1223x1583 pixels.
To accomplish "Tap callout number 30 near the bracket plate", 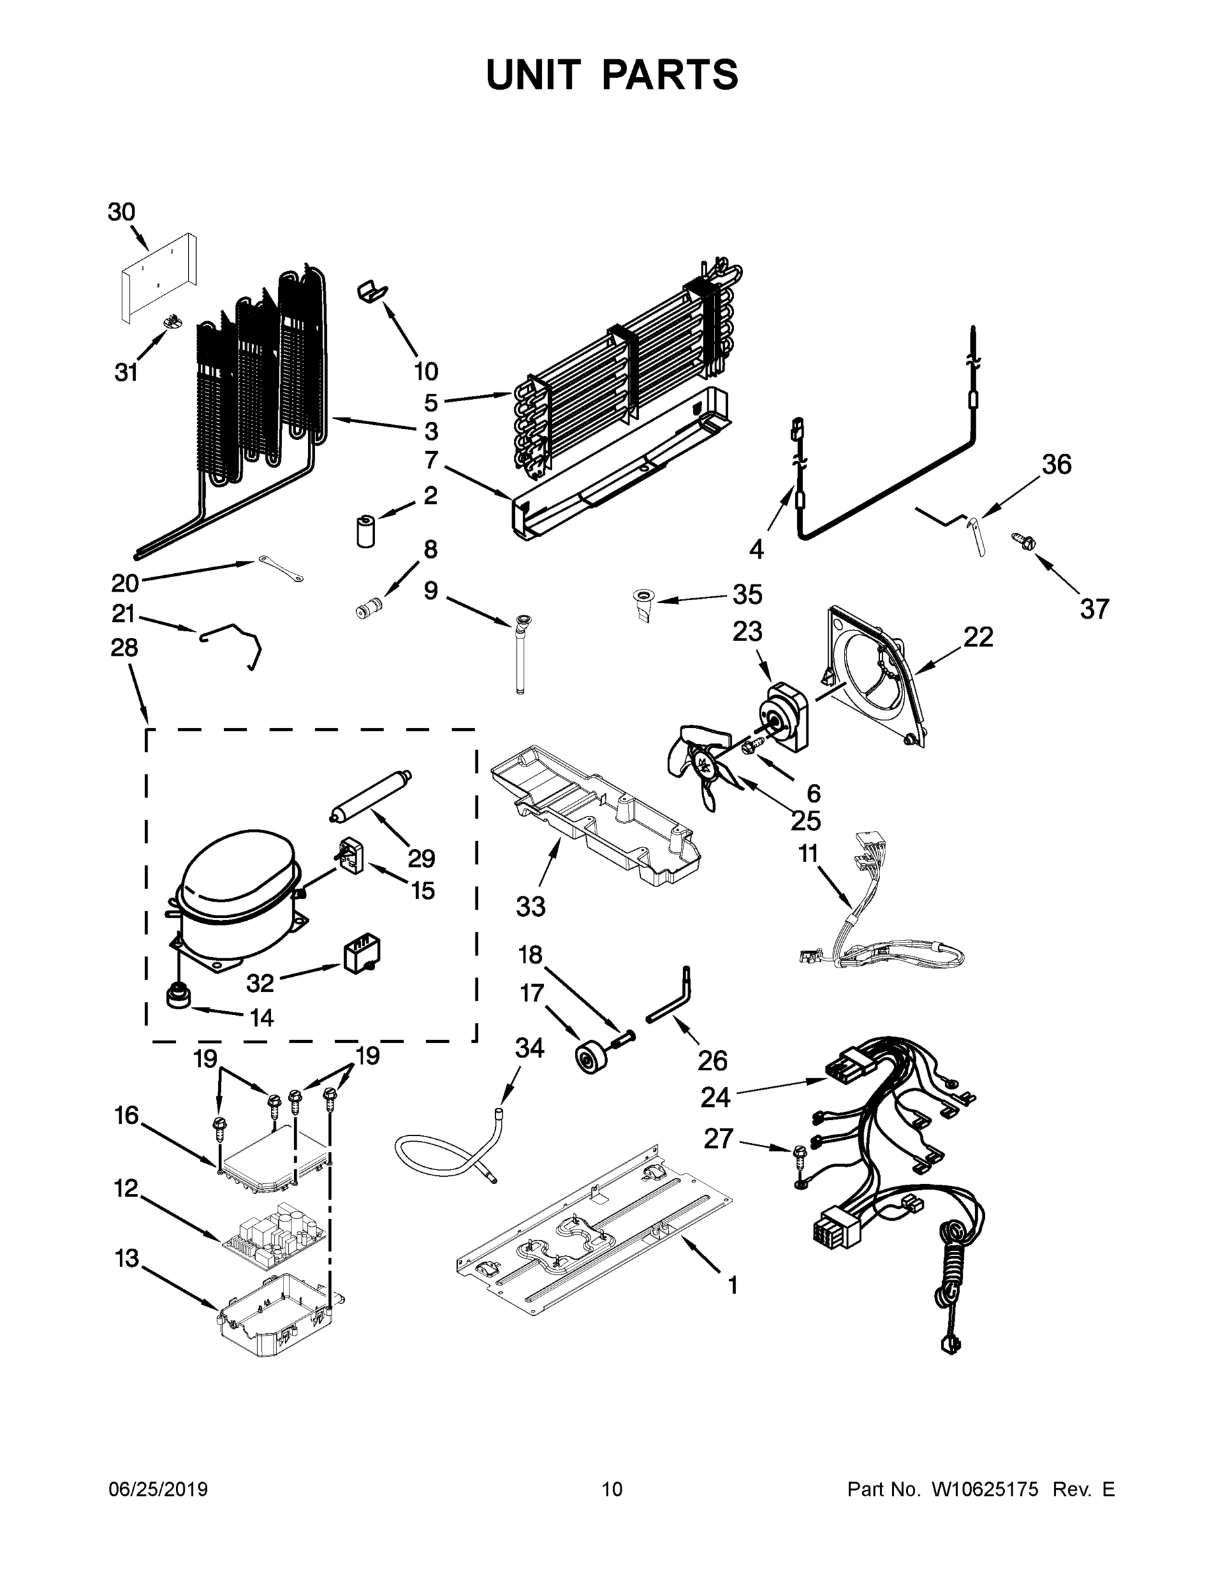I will click(121, 212).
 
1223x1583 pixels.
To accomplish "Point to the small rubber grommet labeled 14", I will click(179, 995).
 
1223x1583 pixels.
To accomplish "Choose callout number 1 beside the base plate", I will click(732, 1286).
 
